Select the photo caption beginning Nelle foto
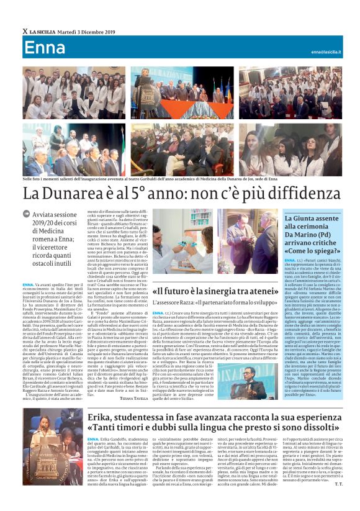[x=124, y=179]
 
